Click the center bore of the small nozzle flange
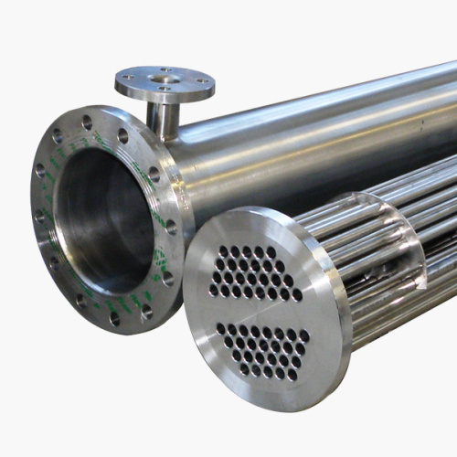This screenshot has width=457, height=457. click(x=166, y=80)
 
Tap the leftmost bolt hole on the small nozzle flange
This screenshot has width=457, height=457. click(x=127, y=80)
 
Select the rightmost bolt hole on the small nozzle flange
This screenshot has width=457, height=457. click(x=204, y=80)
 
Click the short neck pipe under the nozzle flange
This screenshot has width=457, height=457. click(x=165, y=116)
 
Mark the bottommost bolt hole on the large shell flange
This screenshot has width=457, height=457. click(x=114, y=319)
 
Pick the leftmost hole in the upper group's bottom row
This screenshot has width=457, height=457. click(x=214, y=292)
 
